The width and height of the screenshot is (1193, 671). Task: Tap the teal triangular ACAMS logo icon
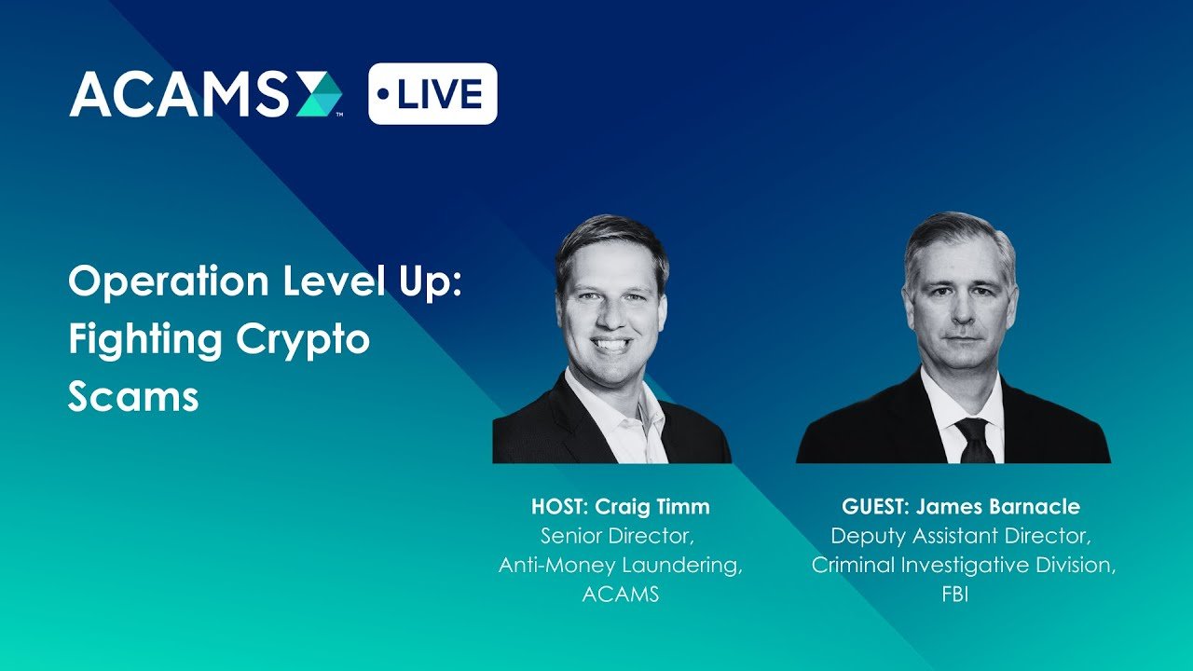pos(320,94)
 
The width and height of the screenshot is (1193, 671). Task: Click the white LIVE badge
pos(432,94)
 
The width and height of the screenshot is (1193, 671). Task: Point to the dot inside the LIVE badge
pos(383,94)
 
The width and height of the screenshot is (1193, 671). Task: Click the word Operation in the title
pos(169,282)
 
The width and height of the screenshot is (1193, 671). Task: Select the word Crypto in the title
pos(303,341)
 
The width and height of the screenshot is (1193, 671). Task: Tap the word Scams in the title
pos(133,397)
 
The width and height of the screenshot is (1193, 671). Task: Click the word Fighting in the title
pos(144,341)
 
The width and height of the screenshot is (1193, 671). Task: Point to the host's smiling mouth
pos(612,345)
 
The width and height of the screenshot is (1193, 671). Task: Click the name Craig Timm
pos(651,506)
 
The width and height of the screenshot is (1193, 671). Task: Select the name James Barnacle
pos(997,506)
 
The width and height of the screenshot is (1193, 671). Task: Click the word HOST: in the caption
pos(559,506)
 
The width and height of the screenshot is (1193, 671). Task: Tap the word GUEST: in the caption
pos(875,506)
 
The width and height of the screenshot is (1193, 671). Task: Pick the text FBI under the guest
pos(955,595)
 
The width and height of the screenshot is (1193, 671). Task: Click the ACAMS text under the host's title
pos(621,595)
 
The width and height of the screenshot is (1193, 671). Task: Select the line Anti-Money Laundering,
pos(621,566)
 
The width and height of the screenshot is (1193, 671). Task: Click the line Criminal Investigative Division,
pos(963,566)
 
